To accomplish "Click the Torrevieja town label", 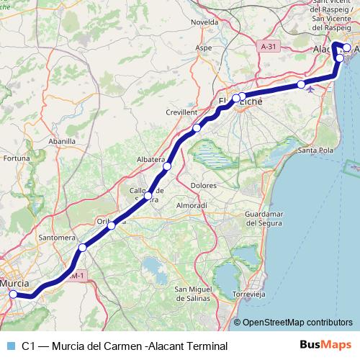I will [251, 295].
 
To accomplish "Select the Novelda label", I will [204, 22].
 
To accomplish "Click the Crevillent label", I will [181, 113].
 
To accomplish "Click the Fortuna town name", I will [15, 158].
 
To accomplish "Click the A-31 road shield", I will [268, 45].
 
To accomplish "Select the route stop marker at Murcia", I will [13, 294].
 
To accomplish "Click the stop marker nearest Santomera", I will [82, 248].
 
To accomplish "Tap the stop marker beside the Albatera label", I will [167, 166].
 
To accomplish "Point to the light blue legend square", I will [9, 346].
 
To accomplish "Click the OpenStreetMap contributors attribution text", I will [297, 323].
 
